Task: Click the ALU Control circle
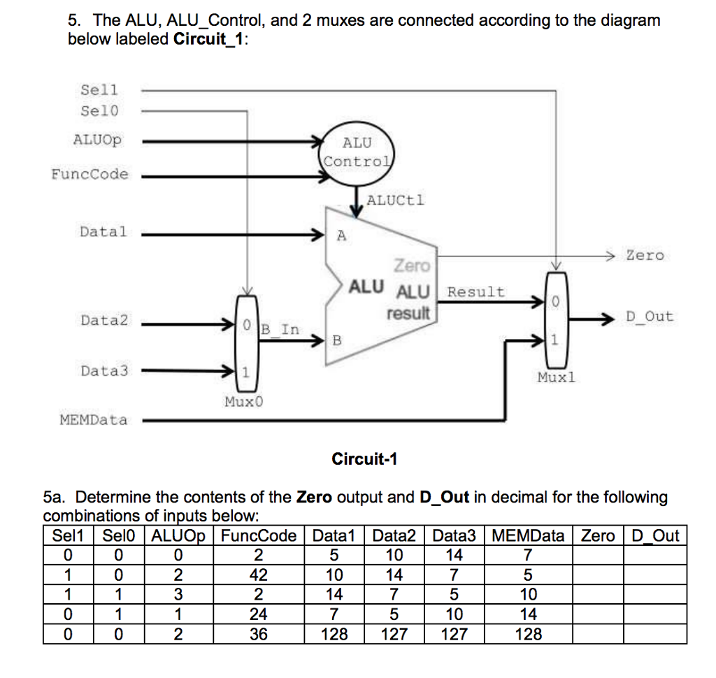(357, 152)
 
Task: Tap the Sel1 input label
(100, 89)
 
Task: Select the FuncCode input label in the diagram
(90, 174)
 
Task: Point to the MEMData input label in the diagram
(94, 420)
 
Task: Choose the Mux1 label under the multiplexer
(556, 377)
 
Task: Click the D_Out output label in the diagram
(649, 316)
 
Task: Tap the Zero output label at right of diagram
(644, 255)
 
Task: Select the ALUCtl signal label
(395, 201)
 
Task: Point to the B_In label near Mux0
(280, 329)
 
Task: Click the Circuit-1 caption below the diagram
(364, 459)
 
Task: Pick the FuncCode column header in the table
(258, 536)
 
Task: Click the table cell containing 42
(258, 575)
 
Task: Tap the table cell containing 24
(258, 614)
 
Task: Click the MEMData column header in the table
(529, 536)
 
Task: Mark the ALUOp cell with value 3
(178, 595)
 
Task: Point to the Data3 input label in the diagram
(104, 370)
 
